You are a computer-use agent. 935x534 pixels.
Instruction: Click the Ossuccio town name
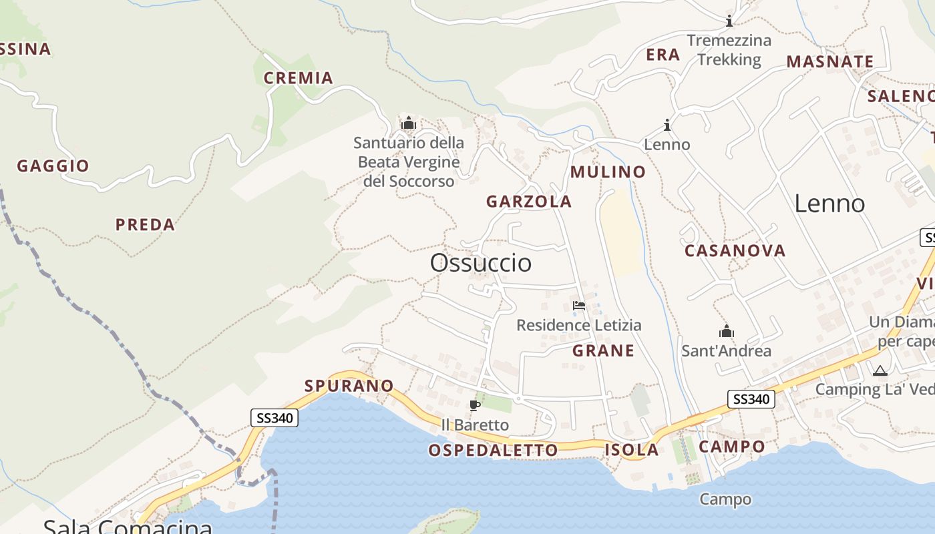coord(481,263)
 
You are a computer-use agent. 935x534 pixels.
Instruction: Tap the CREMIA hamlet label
coord(299,78)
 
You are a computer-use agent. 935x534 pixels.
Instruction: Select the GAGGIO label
coord(53,166)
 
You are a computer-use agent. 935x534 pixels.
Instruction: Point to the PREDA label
coord(145,225)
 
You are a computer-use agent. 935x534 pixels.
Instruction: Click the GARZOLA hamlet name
coord(529,202)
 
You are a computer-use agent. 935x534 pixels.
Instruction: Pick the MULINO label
coord(608,172)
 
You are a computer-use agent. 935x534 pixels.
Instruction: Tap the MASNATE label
coord(829,62)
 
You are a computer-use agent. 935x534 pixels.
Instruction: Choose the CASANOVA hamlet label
coord(735,251)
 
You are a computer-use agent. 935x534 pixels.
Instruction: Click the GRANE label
coord(604,351)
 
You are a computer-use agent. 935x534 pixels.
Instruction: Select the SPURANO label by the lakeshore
coord(349,386)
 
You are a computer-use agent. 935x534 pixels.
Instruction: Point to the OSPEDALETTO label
coord(493,451)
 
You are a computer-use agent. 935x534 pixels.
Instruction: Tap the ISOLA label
coord(631,450)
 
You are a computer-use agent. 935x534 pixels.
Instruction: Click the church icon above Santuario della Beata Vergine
coord(408,123)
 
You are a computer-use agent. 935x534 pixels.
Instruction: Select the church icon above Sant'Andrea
coord(726,331)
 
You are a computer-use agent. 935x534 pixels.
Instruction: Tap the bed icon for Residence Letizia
coord(579,306)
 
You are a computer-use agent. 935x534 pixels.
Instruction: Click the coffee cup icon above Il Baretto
coord(475,405)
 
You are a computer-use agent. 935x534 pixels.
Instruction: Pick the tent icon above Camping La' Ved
coord(880,370)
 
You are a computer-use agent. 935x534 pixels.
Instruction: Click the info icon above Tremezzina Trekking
coord(729,21)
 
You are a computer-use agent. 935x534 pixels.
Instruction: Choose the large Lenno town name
coord(829,204)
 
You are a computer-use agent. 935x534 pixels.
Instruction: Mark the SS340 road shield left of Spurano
coord(274,419)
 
